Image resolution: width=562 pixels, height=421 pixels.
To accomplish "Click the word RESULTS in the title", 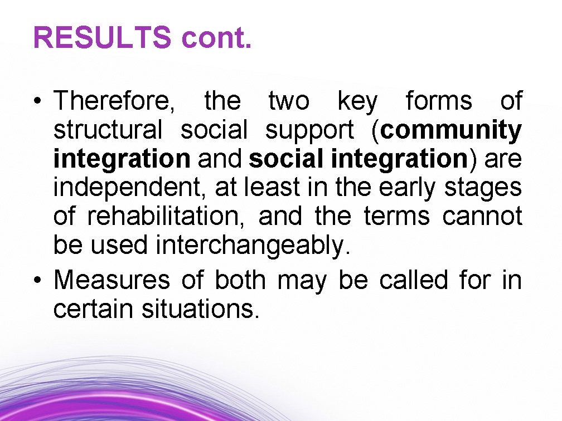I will point(102,38).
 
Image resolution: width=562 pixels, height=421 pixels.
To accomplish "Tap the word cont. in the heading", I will point(216,38).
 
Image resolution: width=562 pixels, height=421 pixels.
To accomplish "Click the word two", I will point(288,102).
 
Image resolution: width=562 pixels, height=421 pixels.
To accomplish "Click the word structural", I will point(108,130).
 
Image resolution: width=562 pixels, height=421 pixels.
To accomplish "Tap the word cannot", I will point(482,217).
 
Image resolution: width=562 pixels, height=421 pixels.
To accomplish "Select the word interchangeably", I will point(253,246).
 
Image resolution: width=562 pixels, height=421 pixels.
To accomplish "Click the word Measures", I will point(112,280).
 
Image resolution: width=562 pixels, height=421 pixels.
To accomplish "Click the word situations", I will point(201,309).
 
